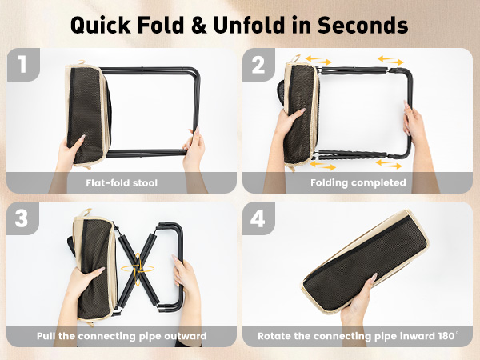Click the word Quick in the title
101,25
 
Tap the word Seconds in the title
362,25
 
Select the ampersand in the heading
199,25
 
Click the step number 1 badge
23,65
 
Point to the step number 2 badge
258,65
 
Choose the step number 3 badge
22,218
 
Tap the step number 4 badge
258,218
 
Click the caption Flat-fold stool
122,183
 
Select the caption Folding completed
358,182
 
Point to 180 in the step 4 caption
446,336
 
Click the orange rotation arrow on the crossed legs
138,269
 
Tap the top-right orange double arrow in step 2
390,60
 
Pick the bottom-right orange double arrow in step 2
389,164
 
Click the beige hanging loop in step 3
86,212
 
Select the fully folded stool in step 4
366,261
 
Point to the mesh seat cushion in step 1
86,116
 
